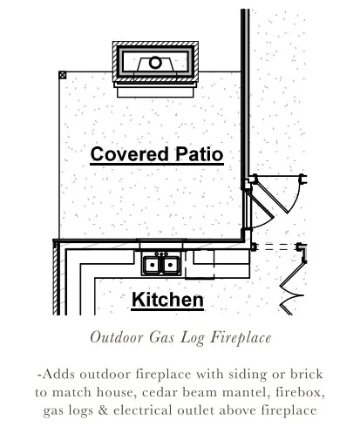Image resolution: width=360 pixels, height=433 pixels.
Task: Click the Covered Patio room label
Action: (157, 154)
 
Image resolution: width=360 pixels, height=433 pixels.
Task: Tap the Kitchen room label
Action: (167, 300)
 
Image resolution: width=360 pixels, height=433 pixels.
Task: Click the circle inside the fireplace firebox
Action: (155, 63)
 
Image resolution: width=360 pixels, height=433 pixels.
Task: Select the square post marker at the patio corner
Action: (63, 75)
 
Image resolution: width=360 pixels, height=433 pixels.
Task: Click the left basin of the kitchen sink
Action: (152, 265)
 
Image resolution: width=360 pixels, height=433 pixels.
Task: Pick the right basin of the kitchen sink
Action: (170, 265)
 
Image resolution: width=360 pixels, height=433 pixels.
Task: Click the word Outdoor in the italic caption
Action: (117, 337)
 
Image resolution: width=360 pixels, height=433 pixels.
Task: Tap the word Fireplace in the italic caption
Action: (241, 338)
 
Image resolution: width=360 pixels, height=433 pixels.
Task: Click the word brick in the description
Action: (307, 374)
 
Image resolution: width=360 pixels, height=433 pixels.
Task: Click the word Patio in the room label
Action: (200, 154)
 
